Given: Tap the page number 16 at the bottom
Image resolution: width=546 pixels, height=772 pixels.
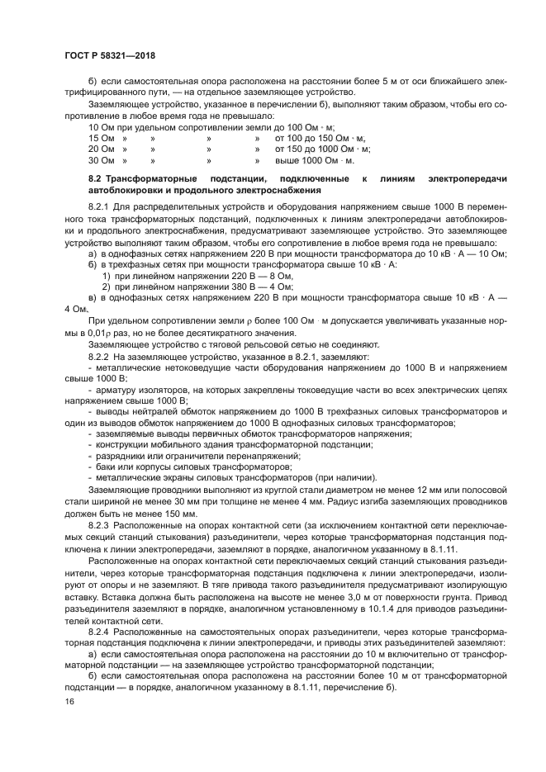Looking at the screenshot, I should (x=69, y=701).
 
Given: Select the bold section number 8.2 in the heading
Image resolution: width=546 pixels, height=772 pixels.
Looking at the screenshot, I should (x=95, y=179).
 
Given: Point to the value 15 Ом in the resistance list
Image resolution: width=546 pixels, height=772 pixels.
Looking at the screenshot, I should (x=102, y=139).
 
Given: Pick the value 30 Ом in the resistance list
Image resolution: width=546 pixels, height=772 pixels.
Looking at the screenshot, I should (x=102, y=161).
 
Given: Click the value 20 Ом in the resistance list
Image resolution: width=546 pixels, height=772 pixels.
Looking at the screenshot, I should (x=102, y=149).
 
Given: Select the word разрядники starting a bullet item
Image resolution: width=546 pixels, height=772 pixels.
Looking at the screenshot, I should (x=123, y=456).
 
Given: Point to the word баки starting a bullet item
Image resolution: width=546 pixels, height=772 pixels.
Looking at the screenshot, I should (x=109, y=467).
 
